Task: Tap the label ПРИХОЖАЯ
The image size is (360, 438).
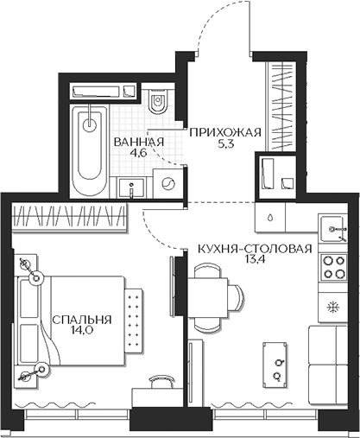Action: coord(224,131)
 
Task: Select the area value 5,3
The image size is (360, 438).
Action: coord(224,144)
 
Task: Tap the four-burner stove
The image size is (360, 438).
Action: coord(333,270)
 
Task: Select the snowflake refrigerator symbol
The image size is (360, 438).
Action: coord(333,307)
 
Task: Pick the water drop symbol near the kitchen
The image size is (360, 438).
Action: coord(272,218)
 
